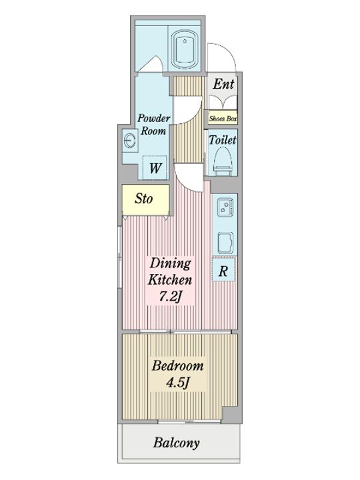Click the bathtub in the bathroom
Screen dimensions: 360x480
[x=184, y=49]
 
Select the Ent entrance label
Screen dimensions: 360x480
[x=223, y=84]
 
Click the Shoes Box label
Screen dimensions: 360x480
[x=223, y=119]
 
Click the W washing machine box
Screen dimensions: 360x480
[x=155, y=168]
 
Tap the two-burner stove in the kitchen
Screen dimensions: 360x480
[x=225, y=207]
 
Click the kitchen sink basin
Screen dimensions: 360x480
[x=225, y=243]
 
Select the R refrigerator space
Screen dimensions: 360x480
[x=223, y=270]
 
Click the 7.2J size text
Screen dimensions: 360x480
[x=170, y=297]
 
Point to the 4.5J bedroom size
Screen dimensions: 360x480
[x=178, y=383]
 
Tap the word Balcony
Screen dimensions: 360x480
[x=177, y=443]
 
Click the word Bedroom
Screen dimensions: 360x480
[x=177, y=366]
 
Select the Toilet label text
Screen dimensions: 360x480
[x=223, y=140]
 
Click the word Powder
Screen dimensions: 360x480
[x=154, y=118]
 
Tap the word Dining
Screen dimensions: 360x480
[x=170, y=263]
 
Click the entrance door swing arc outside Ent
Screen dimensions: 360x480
[x=229, y=49]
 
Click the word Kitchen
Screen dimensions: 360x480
[x=170, y=280]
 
